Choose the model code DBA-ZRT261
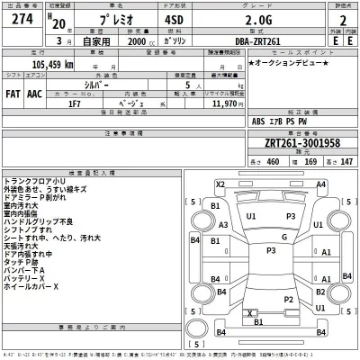(x=249, y=41)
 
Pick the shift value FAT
(x=14, y=93)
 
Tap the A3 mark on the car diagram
(x=222, y=226)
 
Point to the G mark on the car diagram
(x=283, y=237)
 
